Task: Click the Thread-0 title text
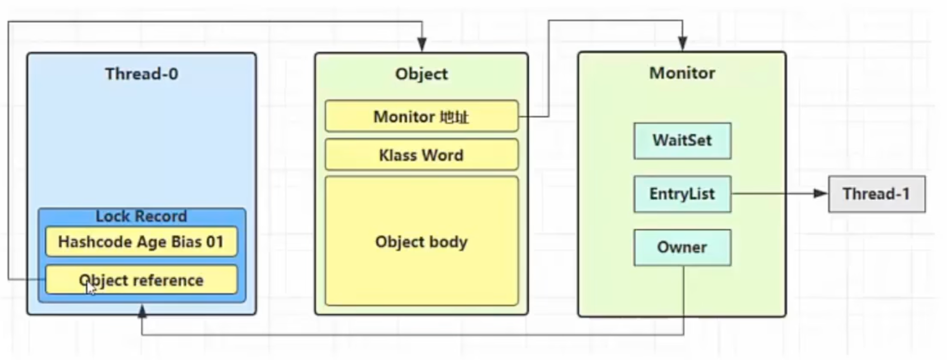(141, 74)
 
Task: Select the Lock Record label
(141, 216)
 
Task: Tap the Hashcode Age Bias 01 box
(141, 241)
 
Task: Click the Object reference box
(141, 280)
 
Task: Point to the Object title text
(422, 74)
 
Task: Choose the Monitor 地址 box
(422, 116)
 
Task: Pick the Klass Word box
(422, 155)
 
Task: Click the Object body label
(422, 242)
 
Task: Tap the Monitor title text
(683, 73)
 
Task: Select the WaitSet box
(683, 141)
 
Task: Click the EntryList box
(683, 194)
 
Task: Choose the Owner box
(683, 248)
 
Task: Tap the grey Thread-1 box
(877, 194)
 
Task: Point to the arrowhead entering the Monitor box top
(683, 44)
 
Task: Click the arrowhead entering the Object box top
(422, 44)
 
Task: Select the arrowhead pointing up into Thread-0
(142, 312)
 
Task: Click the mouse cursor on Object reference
(91, 289)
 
